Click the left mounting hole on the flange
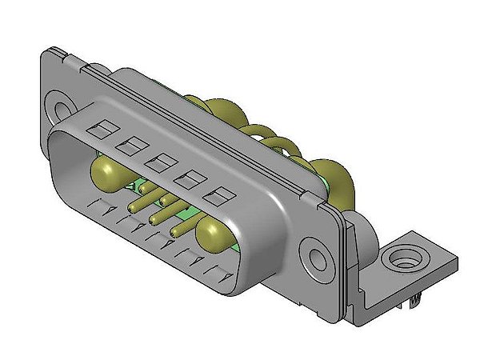(61, 105)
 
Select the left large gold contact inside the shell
(107, 170)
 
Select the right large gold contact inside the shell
(214, 234)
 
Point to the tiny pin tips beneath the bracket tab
(415, 300)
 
